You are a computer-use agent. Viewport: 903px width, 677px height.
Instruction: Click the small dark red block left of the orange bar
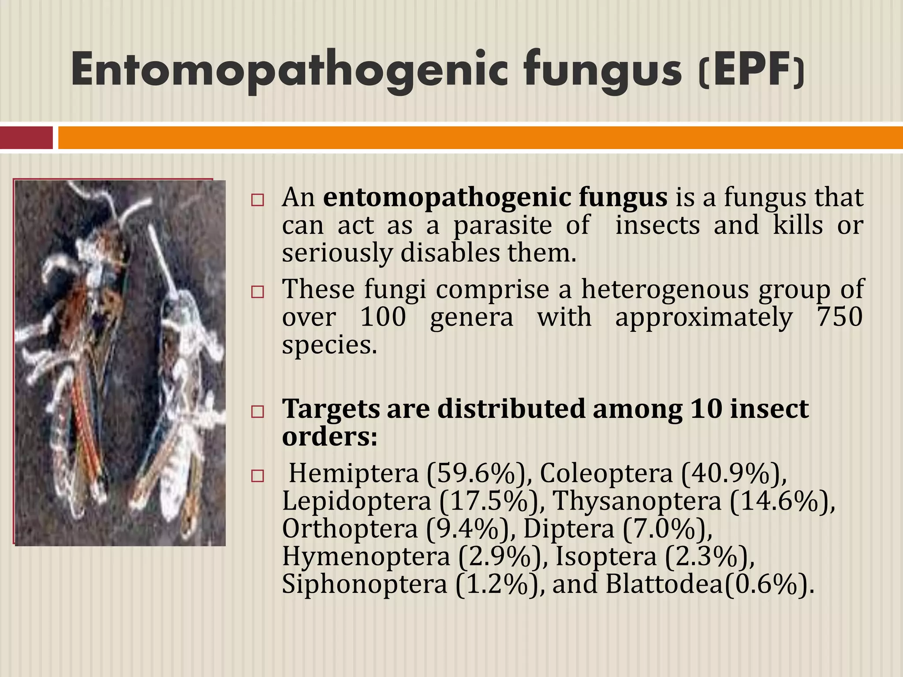point(26,138)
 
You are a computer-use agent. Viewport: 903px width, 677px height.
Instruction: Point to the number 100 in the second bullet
point(383,317)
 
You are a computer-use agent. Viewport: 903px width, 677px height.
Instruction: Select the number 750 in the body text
point(840,317)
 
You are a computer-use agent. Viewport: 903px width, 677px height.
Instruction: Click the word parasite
point(503,225)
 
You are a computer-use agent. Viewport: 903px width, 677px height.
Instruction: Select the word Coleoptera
point(606,474)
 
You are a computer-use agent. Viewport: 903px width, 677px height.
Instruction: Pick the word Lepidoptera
point(356,501)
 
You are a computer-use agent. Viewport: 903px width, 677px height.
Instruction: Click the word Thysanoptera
point(637,501)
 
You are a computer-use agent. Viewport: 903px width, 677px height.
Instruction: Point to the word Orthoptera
point(350,529)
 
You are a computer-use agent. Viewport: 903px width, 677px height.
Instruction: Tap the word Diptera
point(569,529)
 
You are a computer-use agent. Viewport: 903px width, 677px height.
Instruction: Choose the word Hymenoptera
point(366,556)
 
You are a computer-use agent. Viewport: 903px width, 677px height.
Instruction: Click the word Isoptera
point(606,556)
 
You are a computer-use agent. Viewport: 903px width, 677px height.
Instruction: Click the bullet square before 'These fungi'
point(257,292)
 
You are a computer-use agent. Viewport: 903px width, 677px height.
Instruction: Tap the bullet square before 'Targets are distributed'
point(257,412)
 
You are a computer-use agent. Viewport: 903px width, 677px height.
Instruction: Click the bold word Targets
point(331,409)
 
